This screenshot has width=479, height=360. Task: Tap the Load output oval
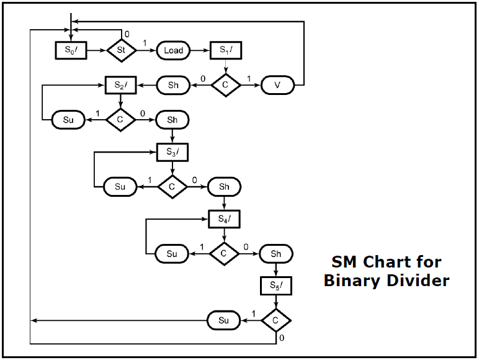(173, 50)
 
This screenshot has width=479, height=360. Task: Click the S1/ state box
(225, 50)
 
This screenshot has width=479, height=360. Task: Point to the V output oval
(276, 85)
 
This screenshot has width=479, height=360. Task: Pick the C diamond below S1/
(225, 85)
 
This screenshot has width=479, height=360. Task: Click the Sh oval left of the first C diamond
(173, 85)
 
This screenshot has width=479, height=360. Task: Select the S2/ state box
(120, 84)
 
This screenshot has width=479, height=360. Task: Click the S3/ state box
(172, 151)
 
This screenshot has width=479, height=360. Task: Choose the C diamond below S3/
(172, 186)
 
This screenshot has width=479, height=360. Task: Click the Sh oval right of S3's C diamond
(224, 186)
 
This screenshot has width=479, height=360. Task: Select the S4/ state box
(224, 219)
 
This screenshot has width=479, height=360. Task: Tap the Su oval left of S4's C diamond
(171, 253)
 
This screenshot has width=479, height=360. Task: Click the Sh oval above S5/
(276, 253)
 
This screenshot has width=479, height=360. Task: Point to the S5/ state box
(276, 287)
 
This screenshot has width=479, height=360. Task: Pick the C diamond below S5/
(276, 320)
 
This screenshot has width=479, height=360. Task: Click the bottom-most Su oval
(223, 320)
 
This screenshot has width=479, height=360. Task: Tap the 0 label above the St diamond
(127, 34)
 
